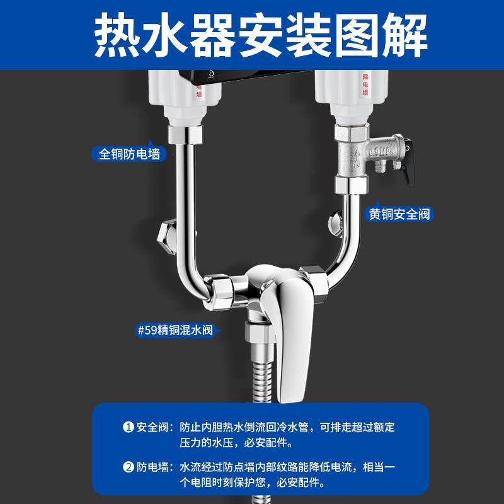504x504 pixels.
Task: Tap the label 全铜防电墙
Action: coord(129,153)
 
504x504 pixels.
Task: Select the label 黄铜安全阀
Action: coord(400,214)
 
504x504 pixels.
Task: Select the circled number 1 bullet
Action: coord(128,427)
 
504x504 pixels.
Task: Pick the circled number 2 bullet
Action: coord(128,467)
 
